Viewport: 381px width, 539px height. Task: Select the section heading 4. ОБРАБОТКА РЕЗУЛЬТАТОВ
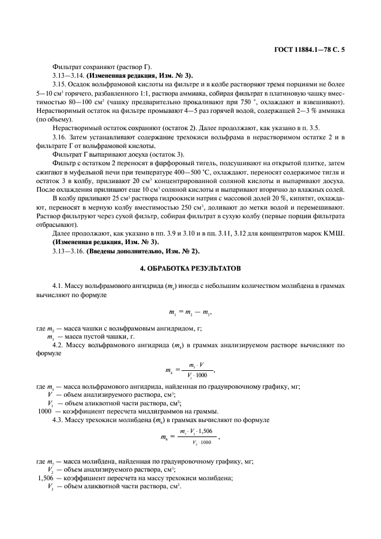coord(190,269)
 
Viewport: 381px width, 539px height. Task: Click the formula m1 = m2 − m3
coord(190,312)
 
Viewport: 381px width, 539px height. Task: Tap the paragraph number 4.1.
coord(59,286)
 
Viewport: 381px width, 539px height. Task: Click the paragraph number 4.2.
coord(59,346)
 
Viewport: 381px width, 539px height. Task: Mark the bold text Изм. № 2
coord(183,251)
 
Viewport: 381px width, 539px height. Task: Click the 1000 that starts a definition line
coord(44,411)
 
